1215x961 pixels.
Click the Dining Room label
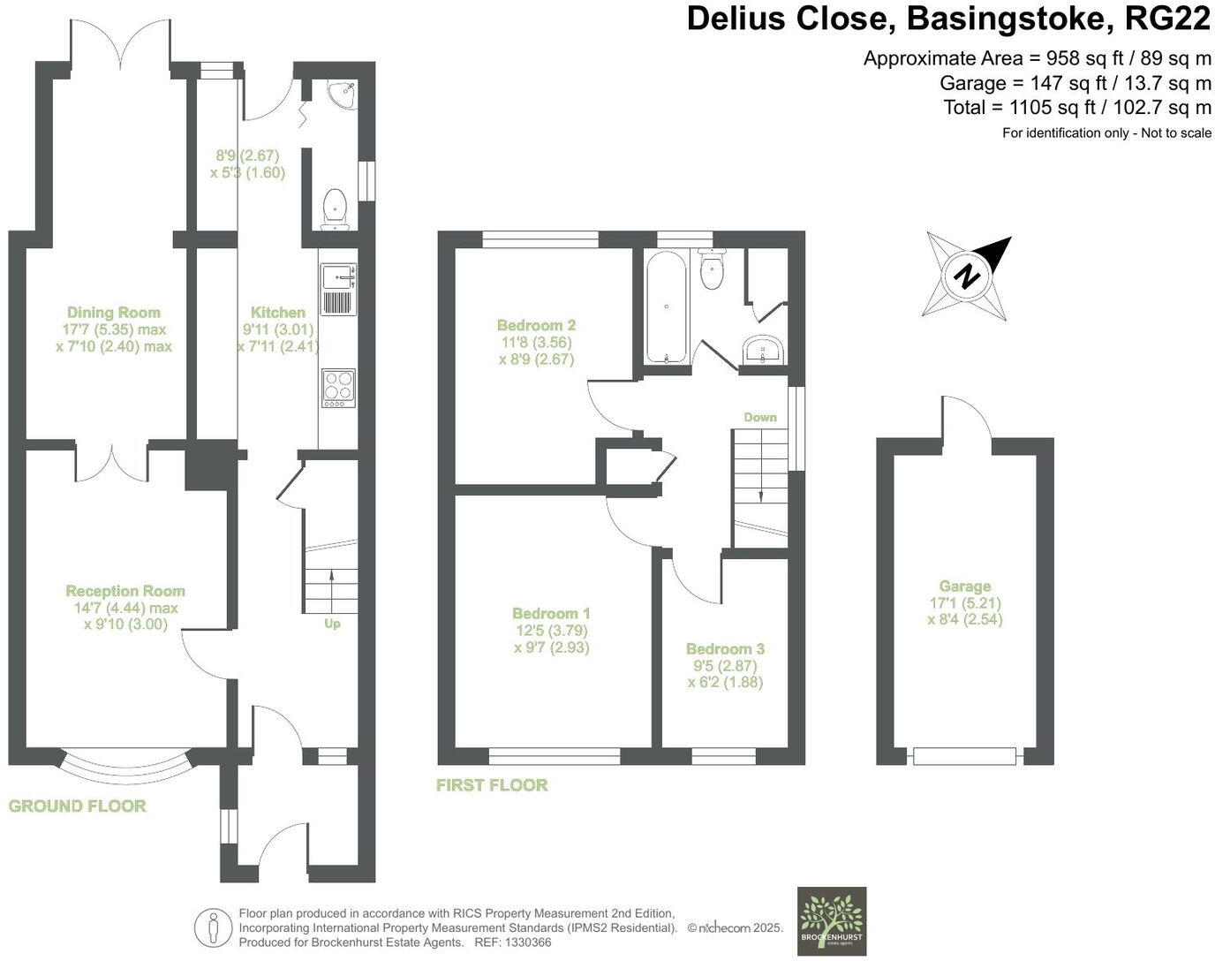click(x=114, y=312)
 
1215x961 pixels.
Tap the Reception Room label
click(x=125, y=591)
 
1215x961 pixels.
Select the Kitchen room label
click(x=278, y=312)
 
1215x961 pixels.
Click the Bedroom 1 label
click(x=551, y=613)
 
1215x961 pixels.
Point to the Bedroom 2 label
click(x=536, y=325)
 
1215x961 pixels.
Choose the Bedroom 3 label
click(x=725, y=648)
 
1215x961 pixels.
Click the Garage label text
click(x=964, y=586)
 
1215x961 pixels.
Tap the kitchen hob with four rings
click(x=338, y=388)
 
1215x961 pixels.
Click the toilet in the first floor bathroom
click(x=712, y=269)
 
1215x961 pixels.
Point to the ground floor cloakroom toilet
click(x=335, y=208)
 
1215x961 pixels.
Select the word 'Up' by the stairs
click(x=332, y=624)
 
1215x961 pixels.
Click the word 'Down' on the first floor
click(x=759, y=417)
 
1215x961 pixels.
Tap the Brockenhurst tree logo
click(x=831, y=921)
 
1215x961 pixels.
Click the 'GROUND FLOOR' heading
click(x=78, y=806)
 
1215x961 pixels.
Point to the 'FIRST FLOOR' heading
click(x=492, y=784)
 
